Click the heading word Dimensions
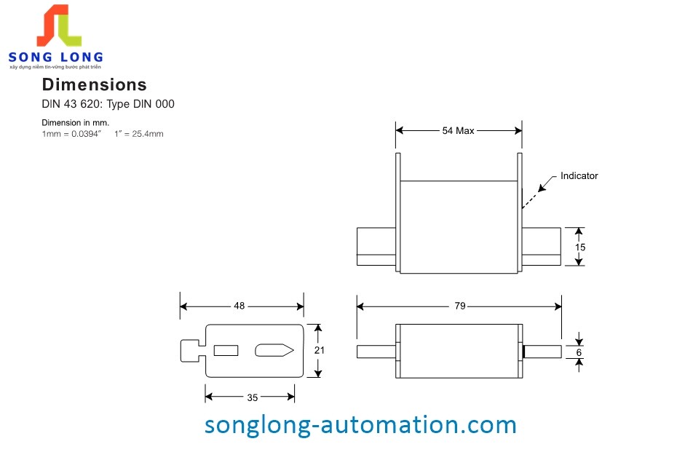(x=94, y=84)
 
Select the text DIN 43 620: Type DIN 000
(x=108, y=104)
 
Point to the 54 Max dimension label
(x=458, y=131)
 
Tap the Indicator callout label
(x=579, y=176)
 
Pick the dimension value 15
(x=580, y=247)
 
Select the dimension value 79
(x=459, y=306)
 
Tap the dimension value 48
(x=239, y=306)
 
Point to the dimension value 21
(x=318, y=350)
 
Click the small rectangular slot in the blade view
(x=226, y=350)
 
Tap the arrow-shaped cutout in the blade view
(x=274, y=351)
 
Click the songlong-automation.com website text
(x=360, y=424)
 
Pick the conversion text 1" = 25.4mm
(x=139, y=133)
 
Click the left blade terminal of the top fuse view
(x=376, y=247)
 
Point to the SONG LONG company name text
(x=55, y=57)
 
